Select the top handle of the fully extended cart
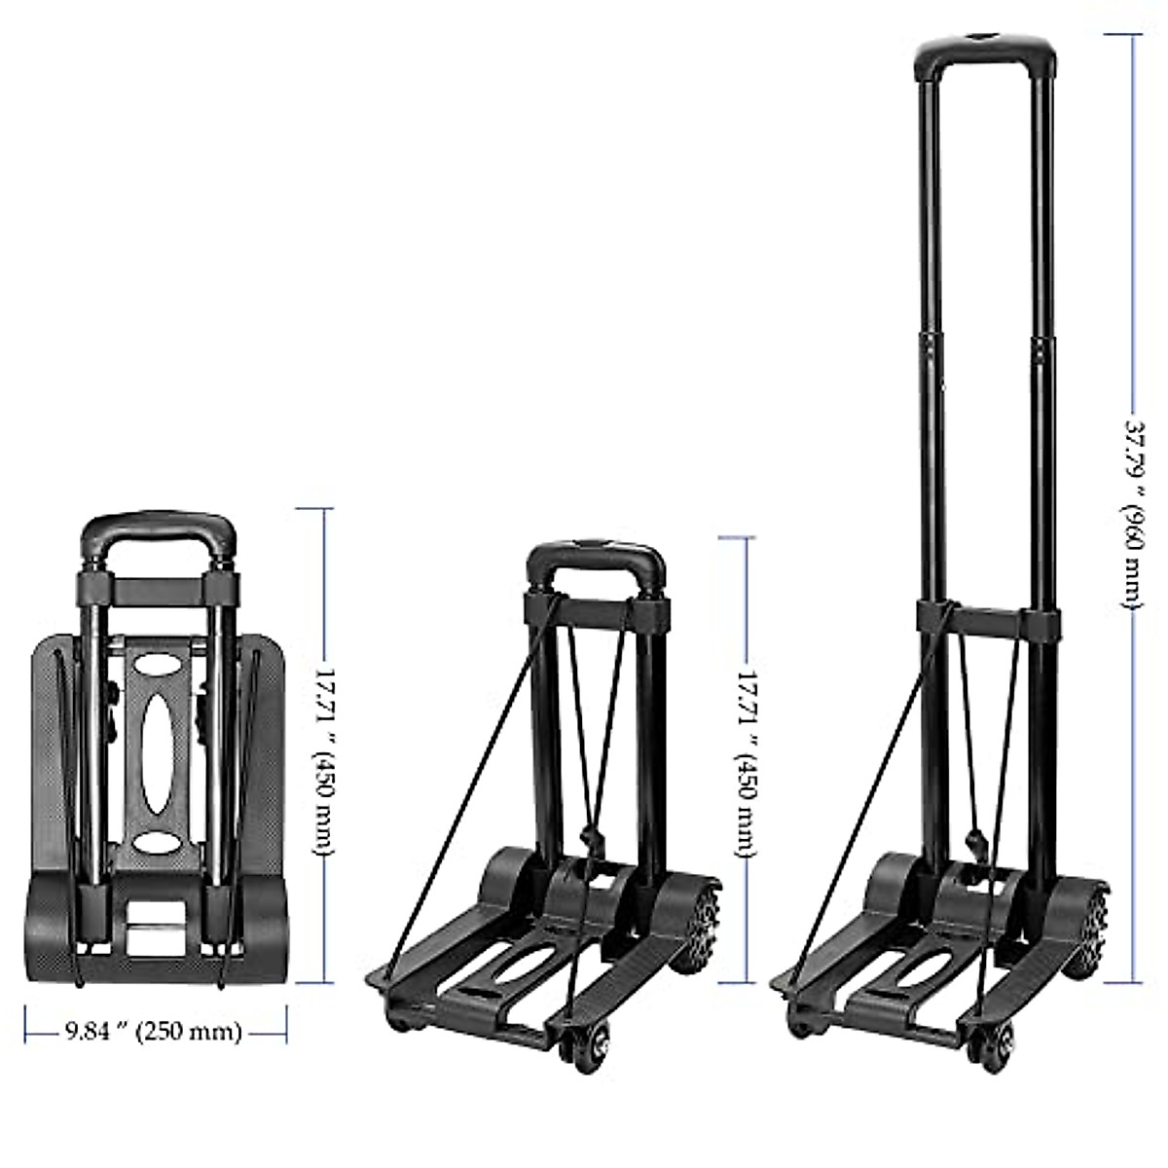point(983,49)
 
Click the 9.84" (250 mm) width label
point(153,1032)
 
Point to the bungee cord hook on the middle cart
point(588,838)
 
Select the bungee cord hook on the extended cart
point(973,840)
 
